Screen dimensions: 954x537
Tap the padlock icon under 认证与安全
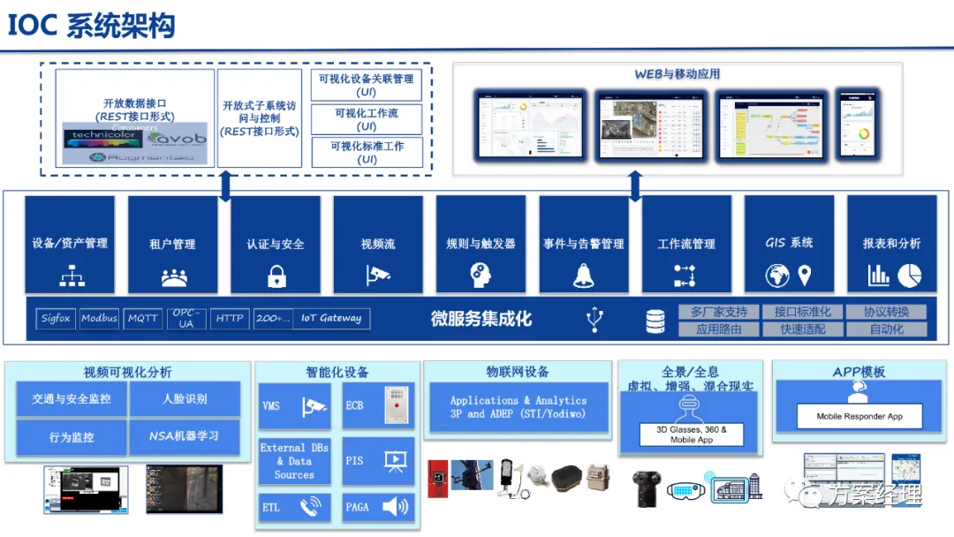(276, 276)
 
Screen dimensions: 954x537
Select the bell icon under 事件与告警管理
(583, 276)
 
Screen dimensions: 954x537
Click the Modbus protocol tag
(99, 318)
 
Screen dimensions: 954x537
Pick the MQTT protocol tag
(142, 318)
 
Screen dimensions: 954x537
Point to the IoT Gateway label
(331, 318)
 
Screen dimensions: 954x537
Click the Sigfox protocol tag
(56, 318)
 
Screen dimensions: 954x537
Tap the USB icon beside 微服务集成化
(595, 320)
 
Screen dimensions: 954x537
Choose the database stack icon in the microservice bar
(655, 321)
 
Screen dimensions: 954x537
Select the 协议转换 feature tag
(886, 312)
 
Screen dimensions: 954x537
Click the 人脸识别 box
(185, 399)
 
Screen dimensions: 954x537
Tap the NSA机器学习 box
(185, 436)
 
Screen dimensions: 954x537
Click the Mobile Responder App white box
(859, 416)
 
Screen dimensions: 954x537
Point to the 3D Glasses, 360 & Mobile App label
(692, 435)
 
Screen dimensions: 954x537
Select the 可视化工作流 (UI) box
(367, 119)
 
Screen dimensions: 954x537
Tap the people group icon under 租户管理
(173, 276)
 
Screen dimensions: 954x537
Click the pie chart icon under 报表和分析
(909, 276)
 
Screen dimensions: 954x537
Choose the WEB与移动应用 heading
(678, 74)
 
